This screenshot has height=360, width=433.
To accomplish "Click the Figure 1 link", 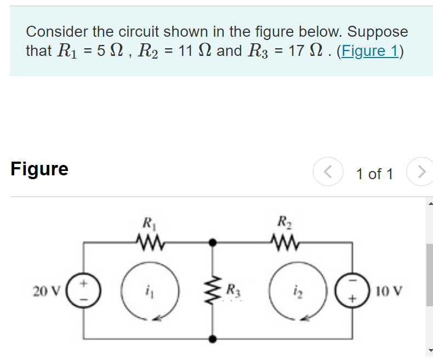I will [x=369, y=51].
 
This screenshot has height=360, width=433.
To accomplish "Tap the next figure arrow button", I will [x=420, y=173].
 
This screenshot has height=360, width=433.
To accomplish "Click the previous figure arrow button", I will [x=327, y=173].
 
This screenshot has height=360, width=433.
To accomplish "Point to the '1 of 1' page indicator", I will [x=374, y=174].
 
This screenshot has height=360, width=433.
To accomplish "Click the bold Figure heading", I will [x=39, y=169].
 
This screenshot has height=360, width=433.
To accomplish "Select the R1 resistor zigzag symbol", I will [x=147, y=242].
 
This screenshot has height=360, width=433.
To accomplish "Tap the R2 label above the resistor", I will [x=283, y=224].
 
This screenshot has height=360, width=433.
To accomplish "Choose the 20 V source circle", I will [x=84, y=289].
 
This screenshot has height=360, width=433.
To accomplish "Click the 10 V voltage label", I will [x=390, y=290].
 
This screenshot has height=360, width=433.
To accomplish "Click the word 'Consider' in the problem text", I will [x=56, y=32].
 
